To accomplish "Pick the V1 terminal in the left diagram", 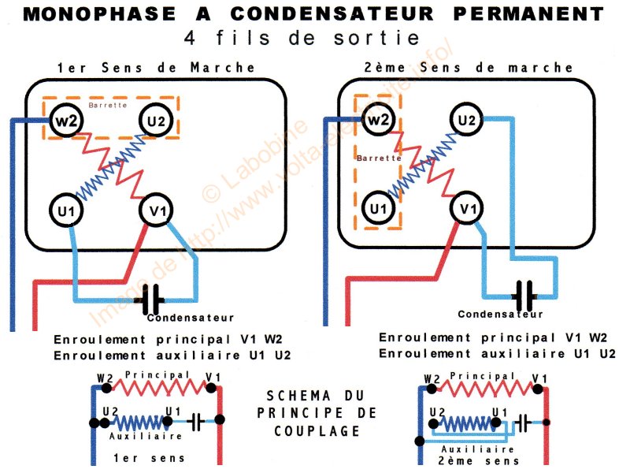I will [x=154, y=210].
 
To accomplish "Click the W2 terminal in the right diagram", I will [x=379, y=121].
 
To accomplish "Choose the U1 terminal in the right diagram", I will [x=379, y=210].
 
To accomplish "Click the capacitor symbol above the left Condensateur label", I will [x=149, y=300].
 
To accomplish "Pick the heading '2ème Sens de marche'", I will [x=469, y=68].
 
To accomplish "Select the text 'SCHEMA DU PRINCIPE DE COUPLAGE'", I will [x=317, y=412].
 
